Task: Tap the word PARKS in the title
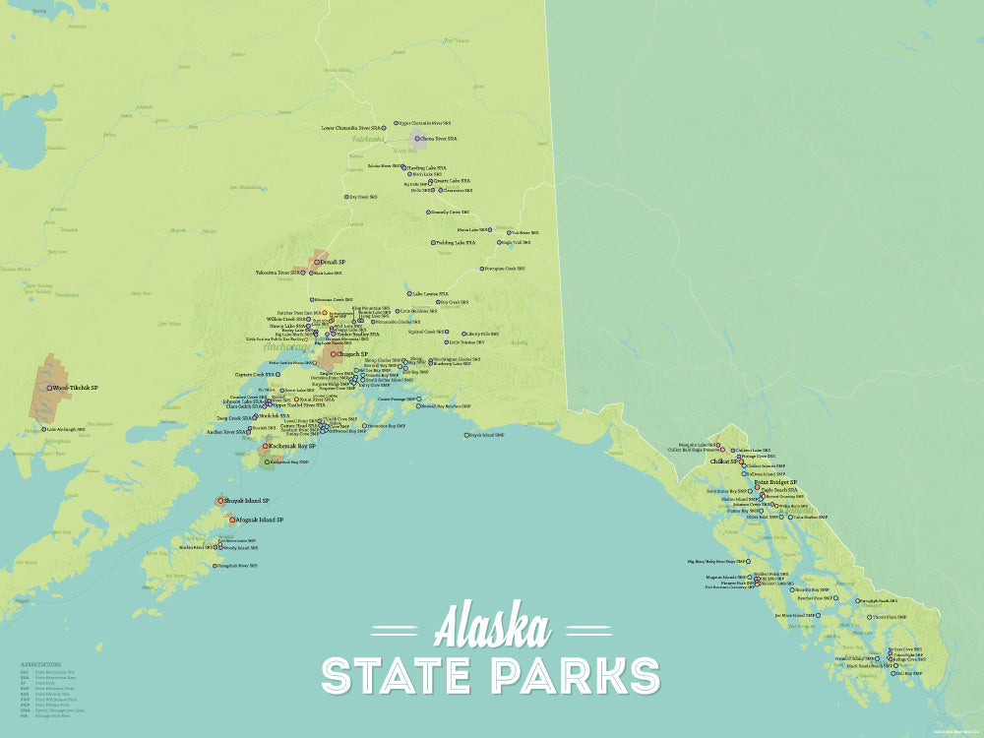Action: [576, 676]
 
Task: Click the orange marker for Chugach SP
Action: [334, 353]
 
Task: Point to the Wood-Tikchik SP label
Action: [77, 388]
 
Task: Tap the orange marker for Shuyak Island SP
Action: [220, 501]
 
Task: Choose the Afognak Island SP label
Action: [260, 519]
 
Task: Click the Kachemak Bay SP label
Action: [292, 446]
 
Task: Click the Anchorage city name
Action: [291, 345]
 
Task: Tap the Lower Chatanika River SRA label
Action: [351, 128]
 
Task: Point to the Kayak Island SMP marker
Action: [467, 435]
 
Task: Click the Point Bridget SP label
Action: [775, 482]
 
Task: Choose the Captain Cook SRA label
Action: [254, 374]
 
